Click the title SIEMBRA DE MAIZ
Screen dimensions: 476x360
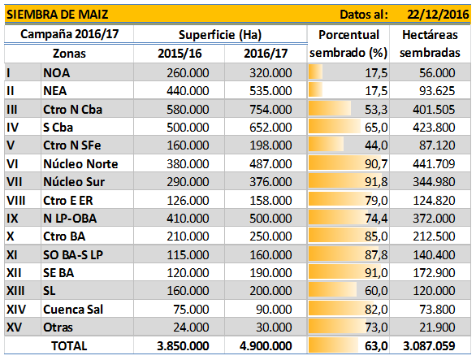(x=58, y=15)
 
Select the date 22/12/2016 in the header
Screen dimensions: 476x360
(x=438, y=15)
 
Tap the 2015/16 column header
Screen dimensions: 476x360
(x=180, y=54)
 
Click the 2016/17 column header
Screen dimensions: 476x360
(x=266, y=54)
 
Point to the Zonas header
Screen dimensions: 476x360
(x=69, y=54)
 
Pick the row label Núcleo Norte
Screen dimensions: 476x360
(x=80, y=164)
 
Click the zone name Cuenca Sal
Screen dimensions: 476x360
(x=73, y=310)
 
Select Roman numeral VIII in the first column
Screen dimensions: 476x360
(x=16, y=201)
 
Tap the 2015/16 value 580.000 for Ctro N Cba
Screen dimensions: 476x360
(x=188, y=110)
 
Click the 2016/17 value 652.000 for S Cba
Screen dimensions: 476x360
(x=270, y=128)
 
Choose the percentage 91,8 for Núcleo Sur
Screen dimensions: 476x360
(x=376, y=182)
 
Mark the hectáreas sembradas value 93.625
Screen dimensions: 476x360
(x=437, y=91)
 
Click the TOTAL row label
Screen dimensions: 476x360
(x=69, y=346)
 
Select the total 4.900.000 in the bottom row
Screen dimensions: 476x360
(x=266, y=346)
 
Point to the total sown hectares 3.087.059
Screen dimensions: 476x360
(x=429, y=346)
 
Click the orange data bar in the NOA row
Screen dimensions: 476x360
(x=315, y=73)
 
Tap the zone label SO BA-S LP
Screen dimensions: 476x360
(x=73, y=254)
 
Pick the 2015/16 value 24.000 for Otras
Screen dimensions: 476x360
(x=191, y=327)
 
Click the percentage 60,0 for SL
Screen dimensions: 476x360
(x=376, y=291)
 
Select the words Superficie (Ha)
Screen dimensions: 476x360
(x=220, y=35)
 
